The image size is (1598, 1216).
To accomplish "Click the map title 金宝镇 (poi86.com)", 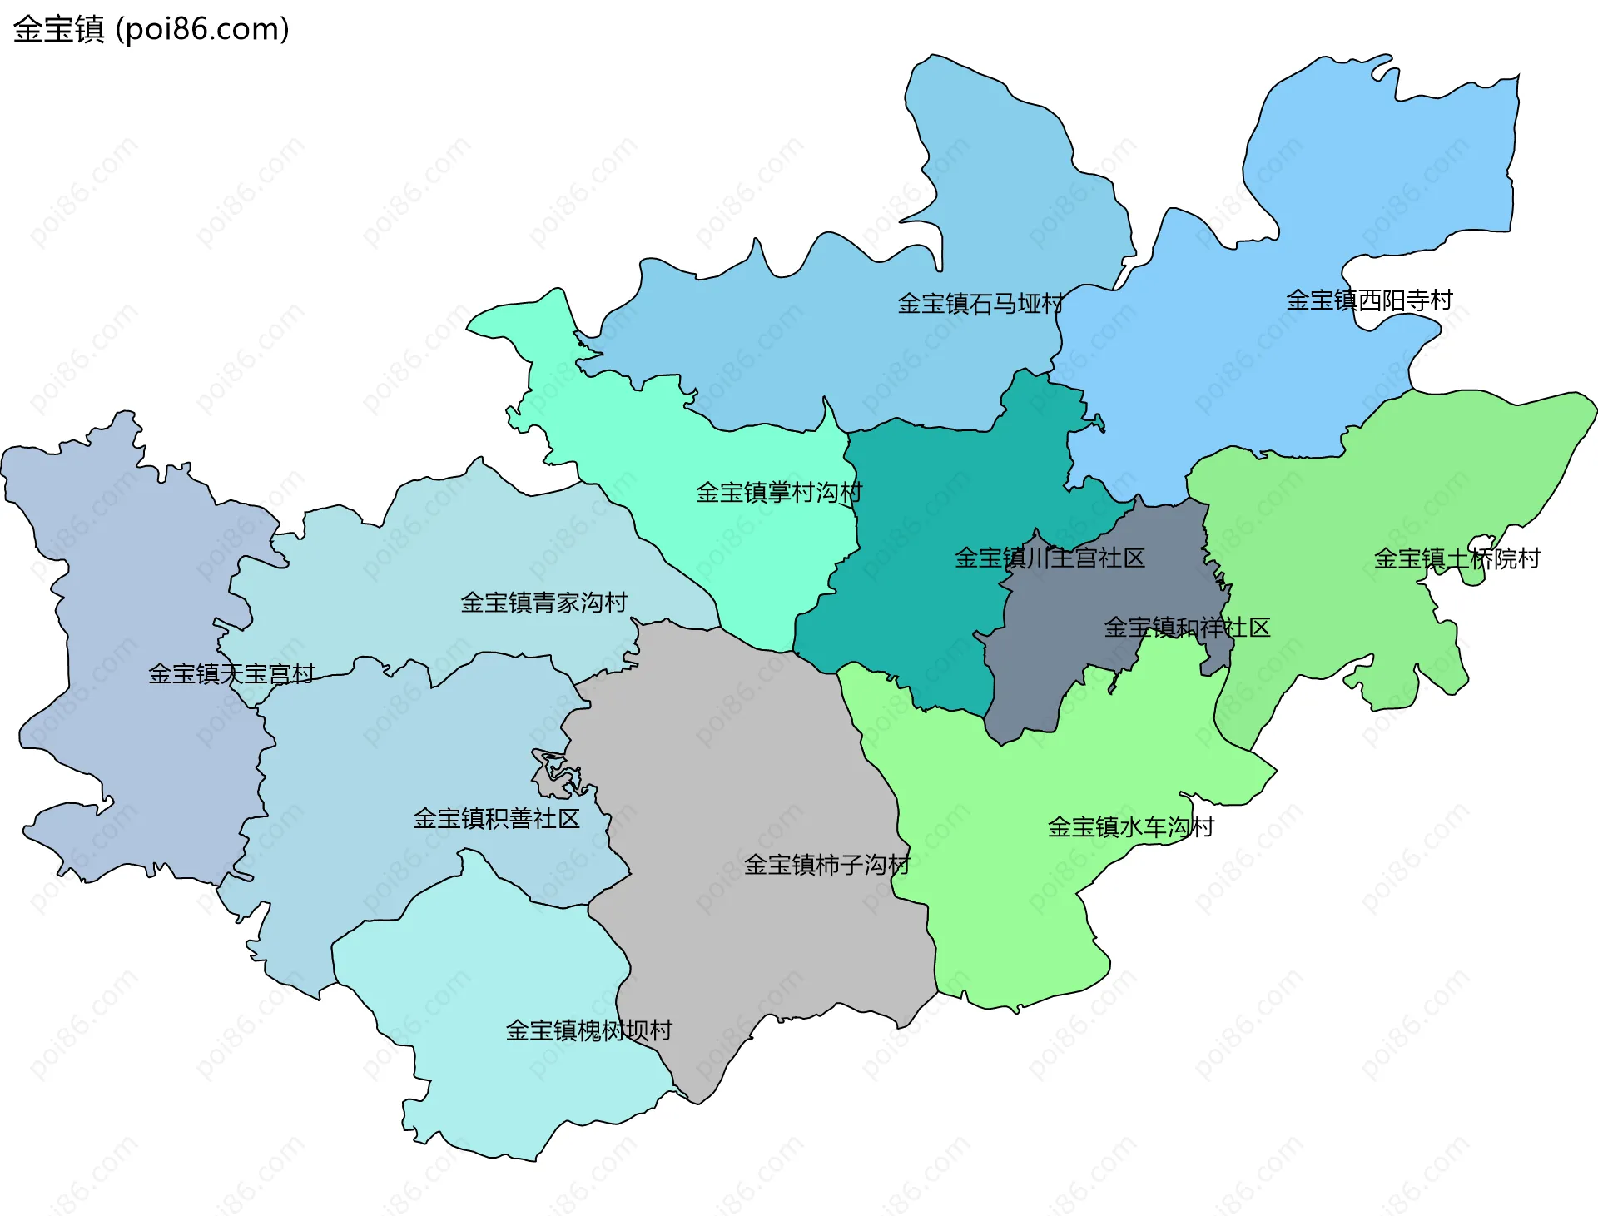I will click(x=151, y=29).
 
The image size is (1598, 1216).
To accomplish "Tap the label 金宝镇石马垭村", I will click(x=980, y=304).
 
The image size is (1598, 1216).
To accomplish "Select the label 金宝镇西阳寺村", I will click(x=1369, y=300).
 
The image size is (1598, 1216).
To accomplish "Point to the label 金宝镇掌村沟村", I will click(x=778, y=493).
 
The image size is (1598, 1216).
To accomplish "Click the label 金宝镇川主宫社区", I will click(x=1049, y=558).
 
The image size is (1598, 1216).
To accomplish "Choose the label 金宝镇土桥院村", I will click(x=1457, y=558).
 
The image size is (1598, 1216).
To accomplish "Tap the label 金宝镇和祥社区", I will click(x=1187, y=628).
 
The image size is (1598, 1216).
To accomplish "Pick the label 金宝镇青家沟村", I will click(x=543, y=603).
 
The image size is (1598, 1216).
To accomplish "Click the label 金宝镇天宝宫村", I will click(x=231, y=673).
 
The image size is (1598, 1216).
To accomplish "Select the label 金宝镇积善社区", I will click(x=496, y=819).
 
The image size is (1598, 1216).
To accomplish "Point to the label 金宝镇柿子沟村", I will click(x=826, y=865).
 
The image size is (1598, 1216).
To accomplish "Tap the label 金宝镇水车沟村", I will click(x=1130, y=827).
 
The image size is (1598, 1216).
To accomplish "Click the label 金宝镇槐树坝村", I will click(x=588, y=1030).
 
